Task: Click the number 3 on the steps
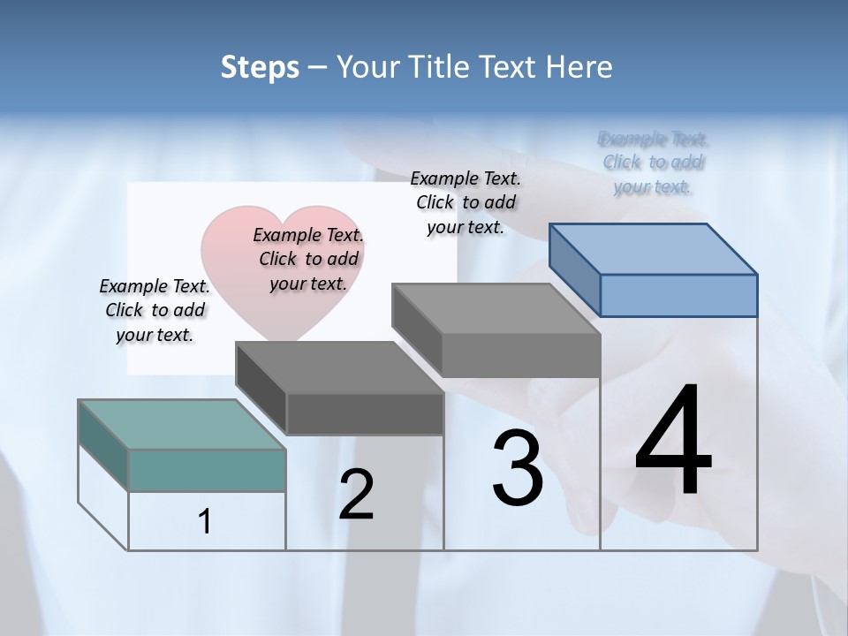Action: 518,468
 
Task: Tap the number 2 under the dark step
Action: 356,495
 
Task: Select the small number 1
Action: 205,522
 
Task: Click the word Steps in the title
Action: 260,67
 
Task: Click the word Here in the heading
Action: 579,67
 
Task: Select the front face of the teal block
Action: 207,470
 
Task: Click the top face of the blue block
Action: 654,248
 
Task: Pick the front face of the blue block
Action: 678,295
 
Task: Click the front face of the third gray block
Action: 520,356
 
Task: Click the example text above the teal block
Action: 155,310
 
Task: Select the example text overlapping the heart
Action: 308,259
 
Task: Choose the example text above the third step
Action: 466,202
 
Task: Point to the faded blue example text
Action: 653,163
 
